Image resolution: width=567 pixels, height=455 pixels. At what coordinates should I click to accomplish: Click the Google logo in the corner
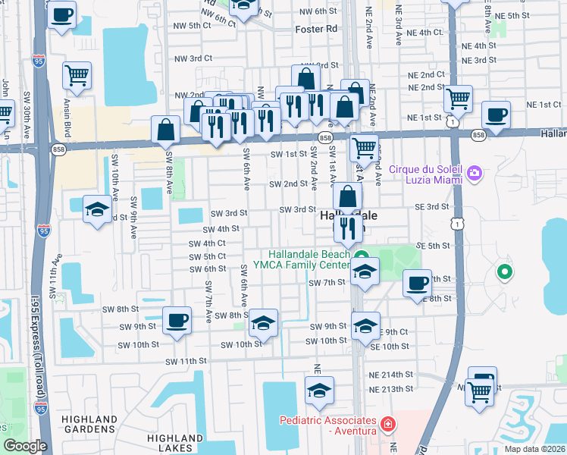coord(25,446)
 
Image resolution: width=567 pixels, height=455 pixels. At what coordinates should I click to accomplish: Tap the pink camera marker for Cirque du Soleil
coord(475,174)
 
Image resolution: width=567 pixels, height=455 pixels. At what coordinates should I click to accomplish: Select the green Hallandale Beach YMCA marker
coord(362,256)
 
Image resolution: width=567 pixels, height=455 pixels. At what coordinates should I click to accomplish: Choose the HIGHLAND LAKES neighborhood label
coord(175,444)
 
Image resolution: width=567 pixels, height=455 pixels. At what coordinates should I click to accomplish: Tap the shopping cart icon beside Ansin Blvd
coord(77,74)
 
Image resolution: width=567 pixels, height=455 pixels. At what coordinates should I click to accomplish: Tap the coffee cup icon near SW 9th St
coord(177,320)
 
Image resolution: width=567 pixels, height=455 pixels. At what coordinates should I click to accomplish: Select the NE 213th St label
coord(390,389)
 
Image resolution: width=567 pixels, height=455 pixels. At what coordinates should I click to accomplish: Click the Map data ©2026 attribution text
coord(534,449)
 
